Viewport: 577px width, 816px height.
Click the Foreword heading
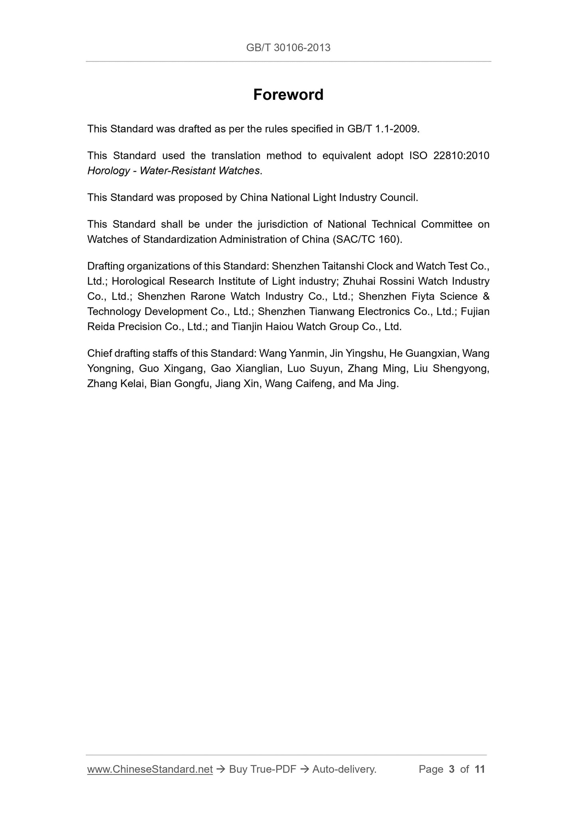(x=288, y=95)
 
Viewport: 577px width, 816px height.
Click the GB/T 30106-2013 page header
(x=288, y=48)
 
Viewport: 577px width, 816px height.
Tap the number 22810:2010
(x=461, y=155)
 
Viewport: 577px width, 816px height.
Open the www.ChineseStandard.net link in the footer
(x=150, y=769)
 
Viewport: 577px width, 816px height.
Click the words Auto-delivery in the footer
(x=344, y=769)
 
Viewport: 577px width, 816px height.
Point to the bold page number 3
(x=452, y=769)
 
